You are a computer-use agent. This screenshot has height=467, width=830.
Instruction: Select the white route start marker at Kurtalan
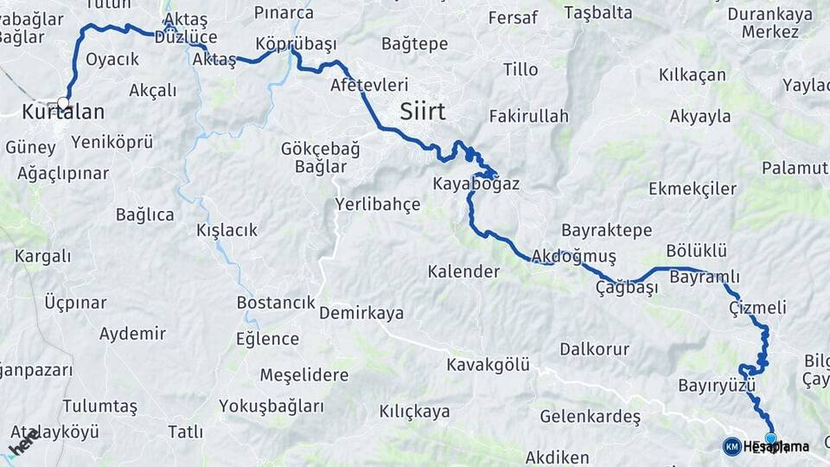click(63, 102)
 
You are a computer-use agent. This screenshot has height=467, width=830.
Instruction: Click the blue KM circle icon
click(731, 446)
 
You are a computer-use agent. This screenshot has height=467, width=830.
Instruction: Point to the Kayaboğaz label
click(476, 184)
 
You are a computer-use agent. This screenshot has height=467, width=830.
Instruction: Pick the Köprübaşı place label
click(296, 43)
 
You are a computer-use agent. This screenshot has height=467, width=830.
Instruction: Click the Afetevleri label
click(369, 86)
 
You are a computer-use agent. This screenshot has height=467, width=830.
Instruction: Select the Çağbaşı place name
click(627, 287)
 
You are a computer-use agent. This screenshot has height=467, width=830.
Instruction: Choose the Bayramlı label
click(705, 277)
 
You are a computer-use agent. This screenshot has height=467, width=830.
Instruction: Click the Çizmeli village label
click(757, 308)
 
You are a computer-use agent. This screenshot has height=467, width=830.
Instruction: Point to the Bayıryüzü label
click(717, 385)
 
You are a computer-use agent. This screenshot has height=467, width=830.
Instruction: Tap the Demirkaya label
click(361, 313)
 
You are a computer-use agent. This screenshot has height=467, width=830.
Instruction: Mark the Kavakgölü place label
click(488, 365)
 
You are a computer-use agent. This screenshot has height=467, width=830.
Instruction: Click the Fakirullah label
click(528, 116)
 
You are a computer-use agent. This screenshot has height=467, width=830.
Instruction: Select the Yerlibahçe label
click(377, 205)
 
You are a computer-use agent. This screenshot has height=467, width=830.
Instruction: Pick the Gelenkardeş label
click(590, 417)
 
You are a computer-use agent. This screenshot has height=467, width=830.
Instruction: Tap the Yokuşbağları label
click(271, 406)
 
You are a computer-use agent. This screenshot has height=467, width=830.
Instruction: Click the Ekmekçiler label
click(693, 189)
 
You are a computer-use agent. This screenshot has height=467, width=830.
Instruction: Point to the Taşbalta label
click(597, 13)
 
